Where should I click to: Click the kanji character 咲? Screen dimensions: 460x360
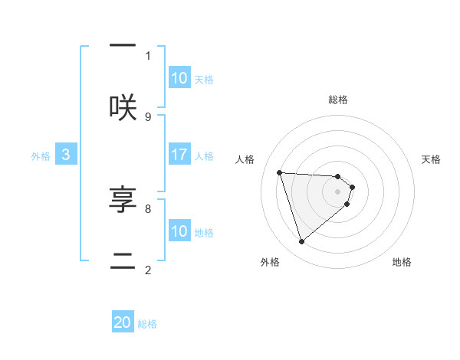pyautogui.click(x=123, y=107)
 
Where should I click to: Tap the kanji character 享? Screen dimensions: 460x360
pyautogui.click(x=123, y=200)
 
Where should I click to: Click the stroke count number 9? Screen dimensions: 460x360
pyautogui.click(x=148, y=116)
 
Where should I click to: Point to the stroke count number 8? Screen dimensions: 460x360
pyautogui.click(x=148, y=208)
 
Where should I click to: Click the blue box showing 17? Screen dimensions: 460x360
pyautogui.click(x=179, y=155)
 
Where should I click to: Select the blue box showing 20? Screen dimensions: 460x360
pyautogui.click(x=123, y=322)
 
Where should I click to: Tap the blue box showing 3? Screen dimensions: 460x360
pyautogui.click(x=66, y=155)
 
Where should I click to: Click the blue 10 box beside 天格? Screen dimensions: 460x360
pyautogui.click(x=179, y=78)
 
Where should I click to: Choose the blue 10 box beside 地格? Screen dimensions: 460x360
pyautogui.click(x=179, y=231)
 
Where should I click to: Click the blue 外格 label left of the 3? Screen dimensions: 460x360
pyautogui.click(x=41, y=155)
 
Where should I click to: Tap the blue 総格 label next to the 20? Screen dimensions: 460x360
pyautogui.click(x=147, y=324)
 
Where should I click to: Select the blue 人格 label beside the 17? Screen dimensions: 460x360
pyautogui.click(x=204, y=155)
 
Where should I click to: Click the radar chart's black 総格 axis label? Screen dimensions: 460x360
pyautogui.click(x=338, y=100)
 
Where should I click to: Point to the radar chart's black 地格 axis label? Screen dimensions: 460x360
pyautogui.click(x=402, y=262)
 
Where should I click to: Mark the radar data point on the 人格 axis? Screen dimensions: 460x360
pyautogui.click(x=280, y=172)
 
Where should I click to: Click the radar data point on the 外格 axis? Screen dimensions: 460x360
pyautogui.click(x=301, y=242)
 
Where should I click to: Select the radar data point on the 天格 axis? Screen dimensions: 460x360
pyautogui.click(x=353, y=187)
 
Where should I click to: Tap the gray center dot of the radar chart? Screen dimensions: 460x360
pyautogui.click(x=338, y=191)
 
